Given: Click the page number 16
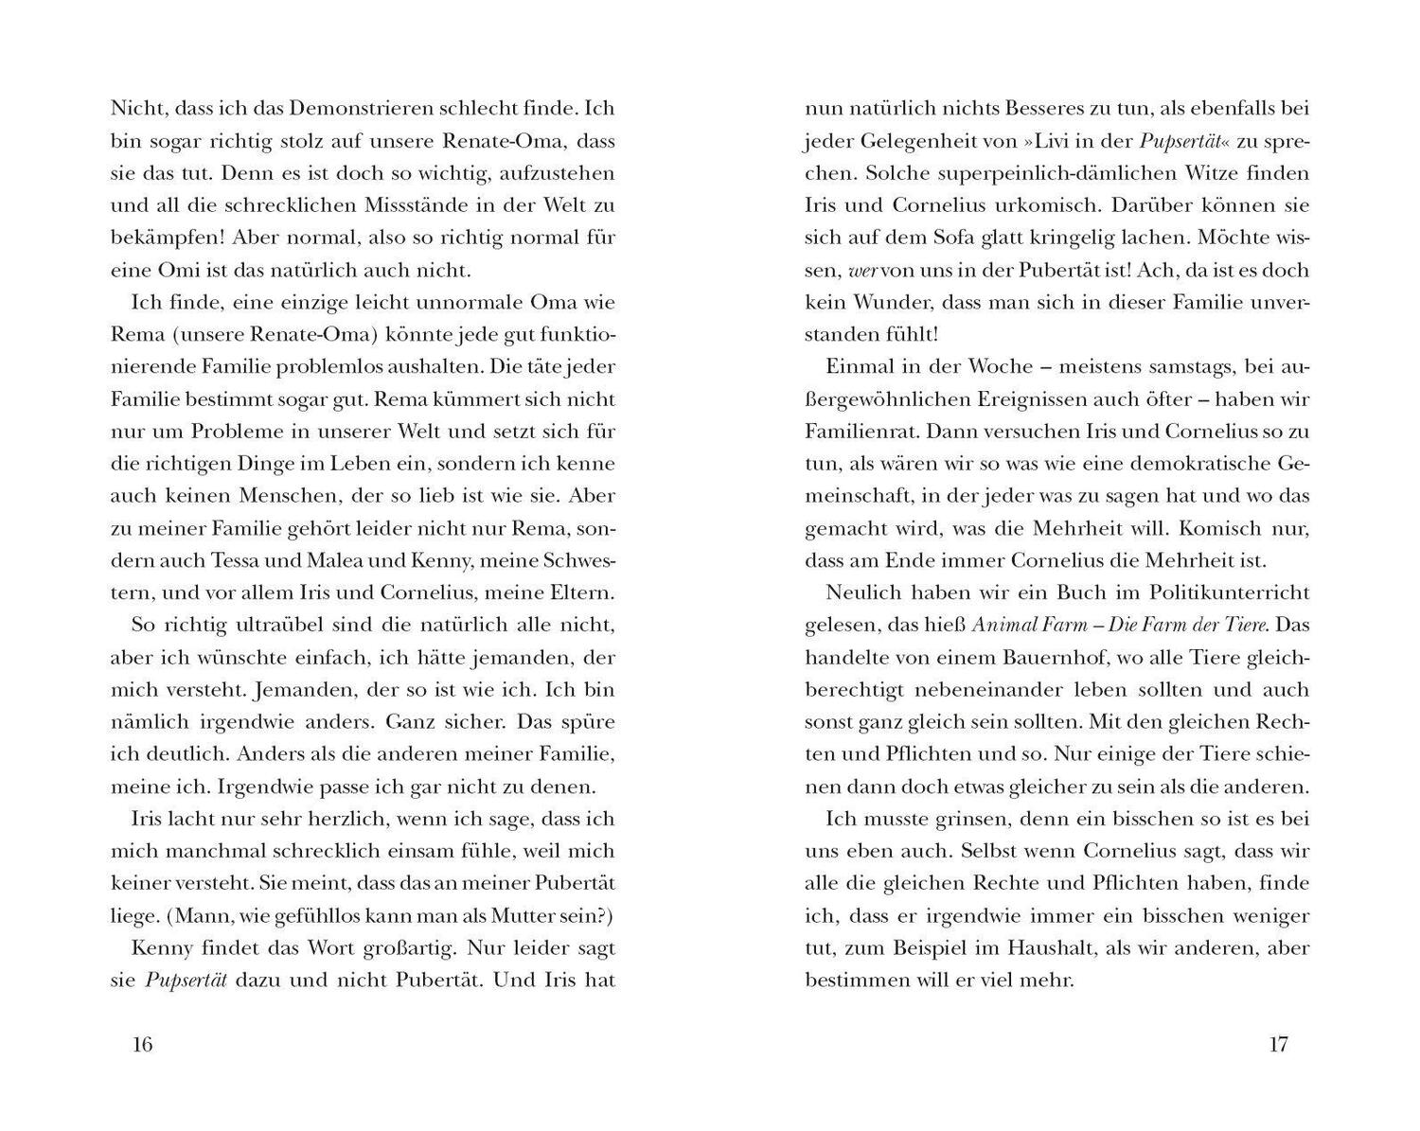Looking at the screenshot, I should (x=142, y=1045).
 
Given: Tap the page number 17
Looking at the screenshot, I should (x=1278, y=1045).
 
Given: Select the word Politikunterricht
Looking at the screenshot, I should (x=1228, y=592).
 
